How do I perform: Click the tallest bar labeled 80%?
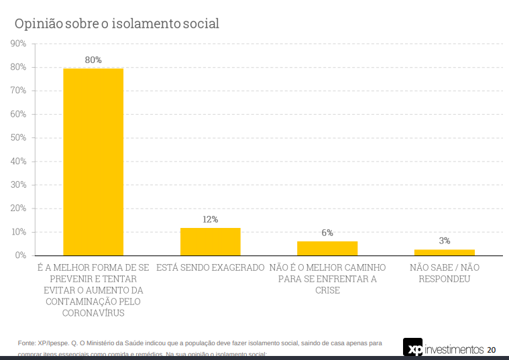(x=93, y=161)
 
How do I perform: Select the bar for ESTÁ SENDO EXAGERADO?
(x=210, y=241)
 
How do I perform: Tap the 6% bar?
(x=327, y=248)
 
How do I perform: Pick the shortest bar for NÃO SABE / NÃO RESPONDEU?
(x=444, y=252)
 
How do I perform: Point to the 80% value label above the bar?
(x=93, y=60)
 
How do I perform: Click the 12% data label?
(x=210, y=219)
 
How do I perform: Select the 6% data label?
(x=327, y=233)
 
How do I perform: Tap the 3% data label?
(x=444, y=241)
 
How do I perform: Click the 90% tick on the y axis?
(x=18, y=44)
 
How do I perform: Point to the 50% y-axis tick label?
(x=18, y=137)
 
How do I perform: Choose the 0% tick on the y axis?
(x=20, y=255)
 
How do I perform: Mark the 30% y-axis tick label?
(x=18, y=184)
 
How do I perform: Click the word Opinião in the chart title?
(x=39, y=23)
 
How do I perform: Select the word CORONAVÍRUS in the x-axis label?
(x=93, y=312)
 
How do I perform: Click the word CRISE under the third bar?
(x=327, y=290)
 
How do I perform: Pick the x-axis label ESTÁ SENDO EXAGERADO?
(x=210, y=267)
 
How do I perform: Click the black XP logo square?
(x=413, y=348)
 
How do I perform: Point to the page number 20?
(x=492, y=349)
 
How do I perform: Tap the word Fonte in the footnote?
(x=27, y=343)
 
